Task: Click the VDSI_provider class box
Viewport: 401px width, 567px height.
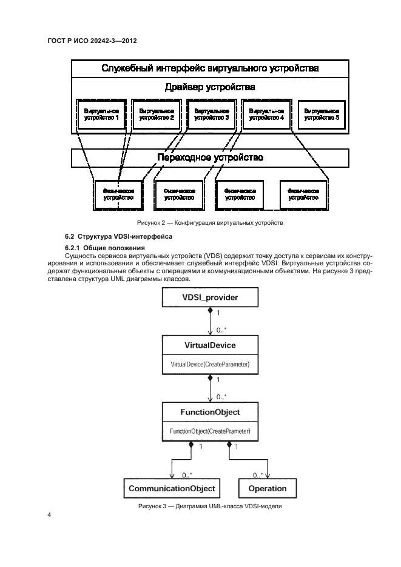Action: tap(209, 297)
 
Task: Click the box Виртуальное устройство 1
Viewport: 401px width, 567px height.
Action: tap(101, 115)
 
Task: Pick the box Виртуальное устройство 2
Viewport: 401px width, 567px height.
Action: tap(157, 115)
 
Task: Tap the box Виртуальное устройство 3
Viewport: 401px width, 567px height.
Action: tap(212, 115)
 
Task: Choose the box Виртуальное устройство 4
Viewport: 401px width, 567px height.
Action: tap(266, 115)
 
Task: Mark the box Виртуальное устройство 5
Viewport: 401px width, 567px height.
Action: tap(322, 115)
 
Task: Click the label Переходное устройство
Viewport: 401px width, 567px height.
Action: tap(210, 158)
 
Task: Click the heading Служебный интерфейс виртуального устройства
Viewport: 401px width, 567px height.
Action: tap(210, 68)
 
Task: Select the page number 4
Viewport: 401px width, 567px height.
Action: tap(49, 515)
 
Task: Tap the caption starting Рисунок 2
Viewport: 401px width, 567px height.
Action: tap(209, 223)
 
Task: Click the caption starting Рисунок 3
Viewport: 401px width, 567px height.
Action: tap(209, 506)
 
